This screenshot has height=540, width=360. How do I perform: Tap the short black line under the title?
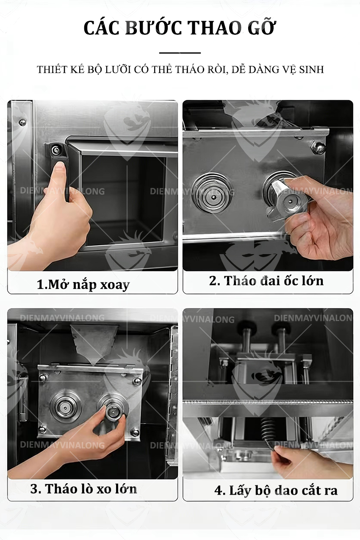click(x=180, y=53)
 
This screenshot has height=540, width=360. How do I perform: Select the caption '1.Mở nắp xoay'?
click(x=83, y=284)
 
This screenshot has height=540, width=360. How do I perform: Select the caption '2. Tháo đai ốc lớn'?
click(x=266, y=280)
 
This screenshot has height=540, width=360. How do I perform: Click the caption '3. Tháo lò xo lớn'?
click(x=84, y=489)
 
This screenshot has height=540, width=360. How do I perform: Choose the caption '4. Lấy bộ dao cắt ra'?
click(x=276, y=491)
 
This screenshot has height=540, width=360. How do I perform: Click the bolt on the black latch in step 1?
click(x=55, y=149)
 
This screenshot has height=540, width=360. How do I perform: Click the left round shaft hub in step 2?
click(x=212, y=191)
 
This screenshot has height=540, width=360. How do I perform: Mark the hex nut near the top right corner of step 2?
click(x=318, y=147)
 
